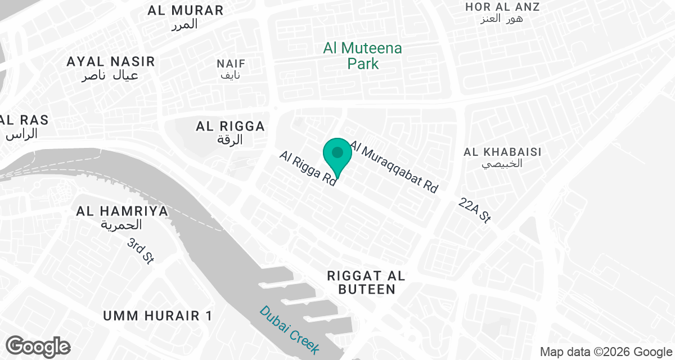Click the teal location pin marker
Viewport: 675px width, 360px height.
[337, 156]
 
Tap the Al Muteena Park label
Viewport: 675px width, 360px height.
[363, 56]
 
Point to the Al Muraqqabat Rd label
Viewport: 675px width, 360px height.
[394, 167]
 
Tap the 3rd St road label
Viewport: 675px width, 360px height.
[141, 251]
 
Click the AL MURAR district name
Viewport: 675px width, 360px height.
[185, 10]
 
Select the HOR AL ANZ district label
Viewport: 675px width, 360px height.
[502, 7]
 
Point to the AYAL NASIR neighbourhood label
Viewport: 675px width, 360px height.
[110, 61]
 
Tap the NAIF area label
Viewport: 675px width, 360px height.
[231, 64]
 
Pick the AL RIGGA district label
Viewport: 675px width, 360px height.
[230, 127]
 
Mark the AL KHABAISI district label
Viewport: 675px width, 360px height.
[502, 152]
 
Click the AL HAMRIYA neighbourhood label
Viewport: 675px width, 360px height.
[123, 211]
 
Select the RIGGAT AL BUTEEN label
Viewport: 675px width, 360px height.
[366, 282]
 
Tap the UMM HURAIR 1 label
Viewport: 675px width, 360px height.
[157, 316]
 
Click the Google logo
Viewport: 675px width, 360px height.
[38, 346]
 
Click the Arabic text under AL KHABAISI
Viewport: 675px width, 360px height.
[502, 164]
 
